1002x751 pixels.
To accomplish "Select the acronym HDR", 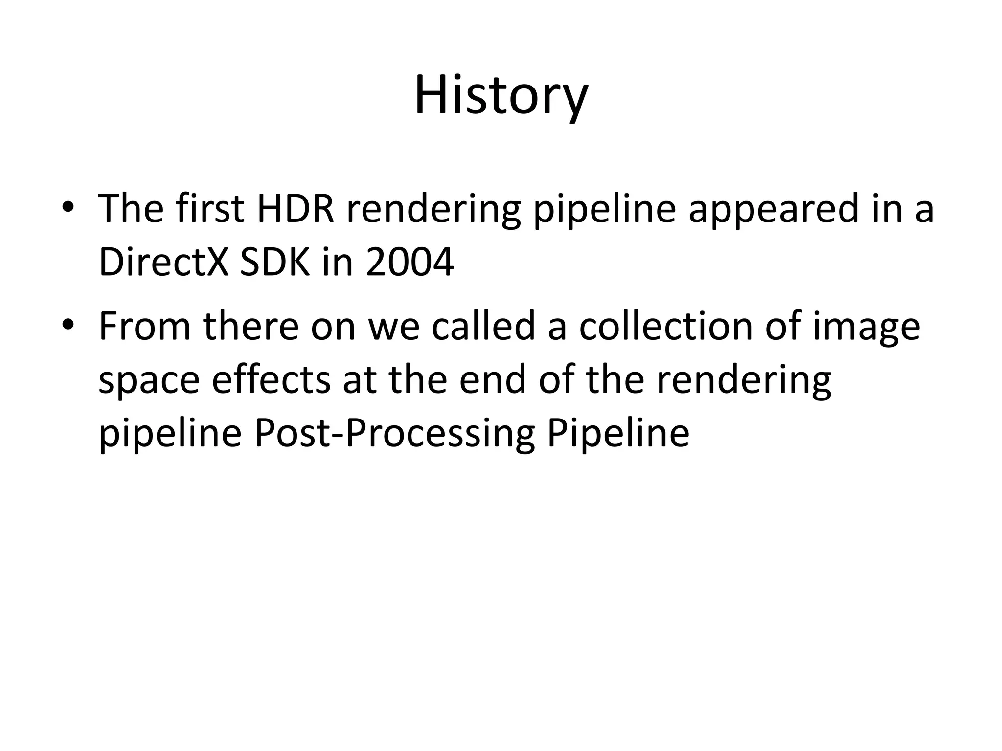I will (296, 209).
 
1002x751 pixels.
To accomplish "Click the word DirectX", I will (163, 263).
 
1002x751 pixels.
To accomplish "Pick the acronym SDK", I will (275, 263).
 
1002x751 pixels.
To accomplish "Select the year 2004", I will (410, 263).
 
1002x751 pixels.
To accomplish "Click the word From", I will (144, 326).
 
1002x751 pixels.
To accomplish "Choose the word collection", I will (666, 326).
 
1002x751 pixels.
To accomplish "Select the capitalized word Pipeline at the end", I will (618, 434).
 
